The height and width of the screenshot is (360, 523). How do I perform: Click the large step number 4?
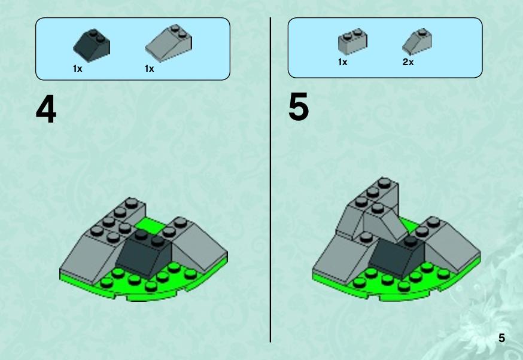pyautogui.click(x=46, y=109)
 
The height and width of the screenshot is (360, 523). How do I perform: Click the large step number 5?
pyautogui.click(x=299, y=107)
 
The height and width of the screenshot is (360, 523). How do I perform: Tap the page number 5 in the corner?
pyautogui.click(x=501, y=338)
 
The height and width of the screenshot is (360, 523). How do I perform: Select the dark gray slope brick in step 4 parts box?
pyautogui.click(x=92, y=45)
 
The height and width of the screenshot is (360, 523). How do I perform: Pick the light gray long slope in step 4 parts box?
pyautogui.click(x=168, y=42)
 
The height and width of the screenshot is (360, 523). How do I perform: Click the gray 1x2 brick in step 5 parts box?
pyautogui.click(x=352, y=41)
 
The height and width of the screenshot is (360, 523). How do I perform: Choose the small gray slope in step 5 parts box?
pyautogui.click(x=417, y=41)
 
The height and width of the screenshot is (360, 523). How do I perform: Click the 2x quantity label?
pyautogui.click(x=408, y=62)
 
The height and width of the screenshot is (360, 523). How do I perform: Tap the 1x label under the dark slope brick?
pyautogui.click(x=77, y=69)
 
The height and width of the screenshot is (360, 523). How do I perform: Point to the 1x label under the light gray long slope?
pyautogui.click(x=150, y=69)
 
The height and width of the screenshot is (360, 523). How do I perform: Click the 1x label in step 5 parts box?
pyautogui.click(x=342, y=62)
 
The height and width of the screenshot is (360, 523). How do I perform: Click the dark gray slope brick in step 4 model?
pyautogui.click(x=144, y=252)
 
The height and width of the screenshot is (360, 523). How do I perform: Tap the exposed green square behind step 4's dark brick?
pyautogui.click(x=150, y=225)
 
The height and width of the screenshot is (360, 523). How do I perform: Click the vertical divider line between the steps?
pyautogui.click(x=270, y=180)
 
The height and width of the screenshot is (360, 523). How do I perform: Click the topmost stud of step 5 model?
pyautogui.click(x=384, y=182)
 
